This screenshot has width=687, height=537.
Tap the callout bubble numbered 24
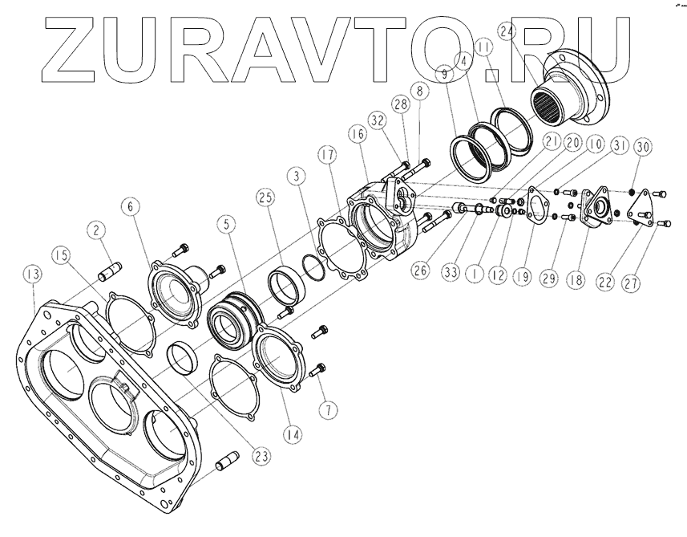pyautogui.click(x=506, y=32)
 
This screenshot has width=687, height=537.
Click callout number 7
pyautogui.click(x=326, y=409)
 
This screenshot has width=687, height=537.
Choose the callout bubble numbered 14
pyautogui.click(x=294, y=434)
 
